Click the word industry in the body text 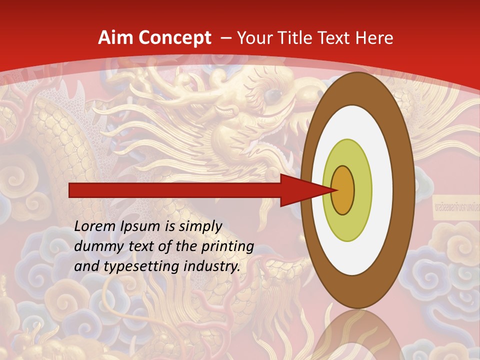210,266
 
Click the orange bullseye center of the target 343,190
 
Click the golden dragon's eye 271,94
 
